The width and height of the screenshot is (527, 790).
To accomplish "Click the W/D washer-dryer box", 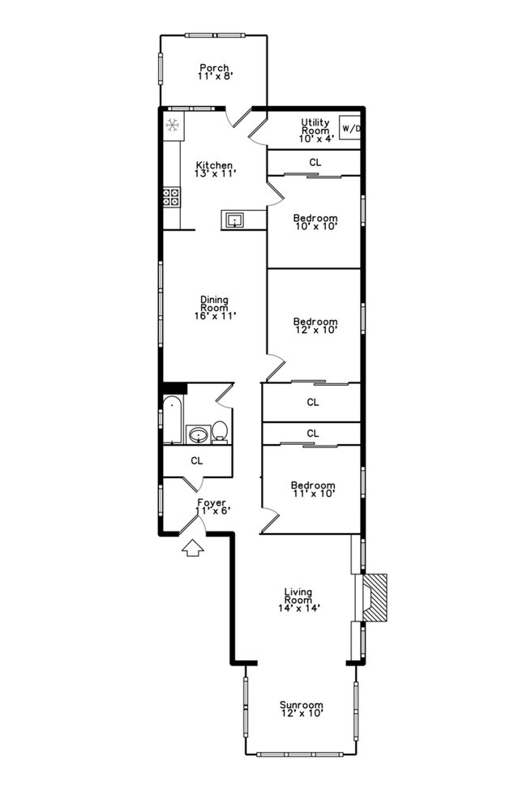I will (x=349, y=129).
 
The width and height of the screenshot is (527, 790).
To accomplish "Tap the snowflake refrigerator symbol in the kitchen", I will (x=173, y=126).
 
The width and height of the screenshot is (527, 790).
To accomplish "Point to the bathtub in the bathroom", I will (x=171, y=421).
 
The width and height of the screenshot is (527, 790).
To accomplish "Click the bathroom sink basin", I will (x=197, y=436).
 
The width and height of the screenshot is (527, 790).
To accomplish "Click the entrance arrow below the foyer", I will (x=191, y=549).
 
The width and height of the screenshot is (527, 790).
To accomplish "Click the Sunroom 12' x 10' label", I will (x=302, y=709).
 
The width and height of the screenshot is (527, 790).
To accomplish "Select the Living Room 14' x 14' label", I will (x=298, y=600).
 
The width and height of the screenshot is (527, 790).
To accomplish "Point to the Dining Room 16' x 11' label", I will (x=214, y=307).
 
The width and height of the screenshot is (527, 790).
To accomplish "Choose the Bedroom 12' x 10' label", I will (x=315, y=326).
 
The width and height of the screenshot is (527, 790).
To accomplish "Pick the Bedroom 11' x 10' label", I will (x=313, y=489).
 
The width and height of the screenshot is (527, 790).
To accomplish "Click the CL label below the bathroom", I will (x=197, y=460).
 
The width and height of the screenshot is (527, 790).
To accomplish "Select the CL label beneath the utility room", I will (x=315, y=162).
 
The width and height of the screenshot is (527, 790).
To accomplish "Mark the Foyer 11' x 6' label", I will (x=212, y=506).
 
